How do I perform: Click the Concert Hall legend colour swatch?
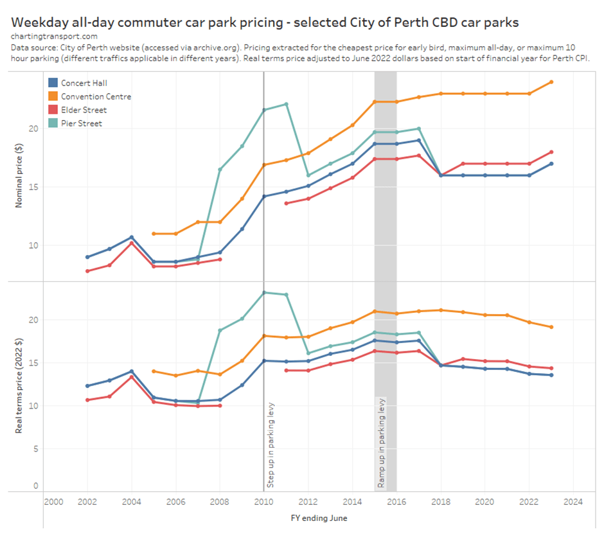(53, 83)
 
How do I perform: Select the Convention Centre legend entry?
(96, 96)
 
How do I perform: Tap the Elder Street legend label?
(84, 110)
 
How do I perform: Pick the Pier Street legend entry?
(81, 123)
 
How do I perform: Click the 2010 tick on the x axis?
(263, 502)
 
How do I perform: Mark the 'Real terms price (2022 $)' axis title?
(19, 387)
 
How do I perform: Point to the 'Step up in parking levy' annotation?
(271, 443)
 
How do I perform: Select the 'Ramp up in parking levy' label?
(382, 443)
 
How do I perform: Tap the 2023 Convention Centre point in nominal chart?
(551, 82)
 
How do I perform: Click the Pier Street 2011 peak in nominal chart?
(286, 104)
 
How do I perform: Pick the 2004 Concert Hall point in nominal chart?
(132, 238)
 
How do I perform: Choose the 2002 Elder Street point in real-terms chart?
(87, 400)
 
